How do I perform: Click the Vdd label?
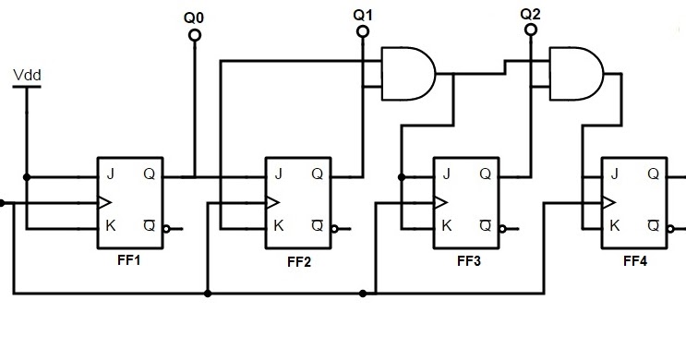coord(27,74)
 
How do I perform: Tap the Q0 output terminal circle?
coord(194,35)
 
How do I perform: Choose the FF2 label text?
coord(299,262)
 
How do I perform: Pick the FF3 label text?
coord(468,260)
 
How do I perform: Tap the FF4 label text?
coord(635,261)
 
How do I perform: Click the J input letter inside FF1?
coord(110,174)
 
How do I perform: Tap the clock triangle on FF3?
coord(440,201)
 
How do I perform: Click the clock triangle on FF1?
coord(104,201)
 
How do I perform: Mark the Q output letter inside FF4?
coord(653,174)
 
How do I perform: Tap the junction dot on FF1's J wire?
coord(28,175)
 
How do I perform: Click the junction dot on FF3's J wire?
coord(401,175)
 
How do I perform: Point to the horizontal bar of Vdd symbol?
coord(27,88)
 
